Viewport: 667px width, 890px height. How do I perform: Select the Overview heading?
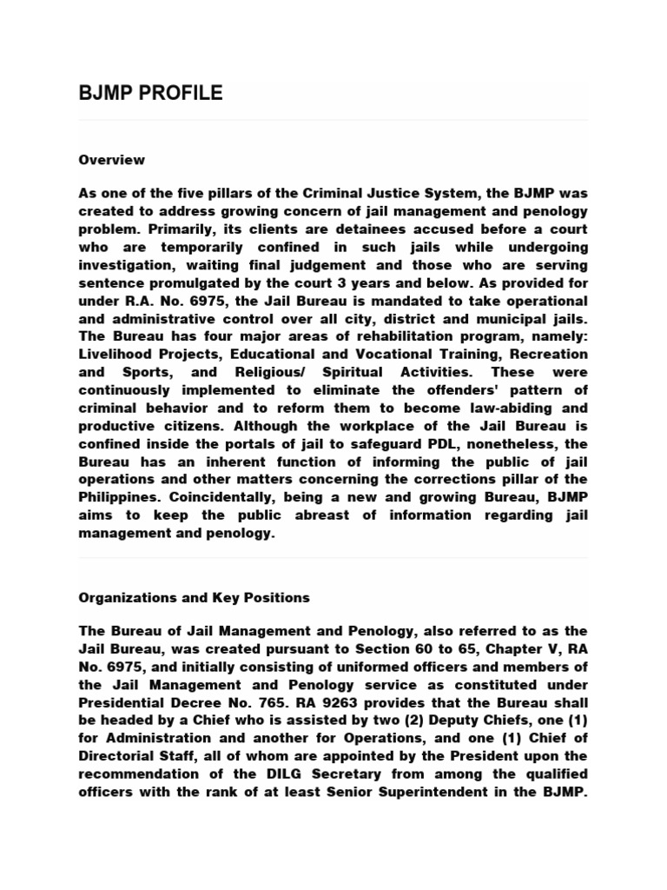111,160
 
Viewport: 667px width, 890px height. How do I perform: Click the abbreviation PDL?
404,444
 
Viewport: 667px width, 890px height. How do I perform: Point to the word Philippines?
118,498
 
